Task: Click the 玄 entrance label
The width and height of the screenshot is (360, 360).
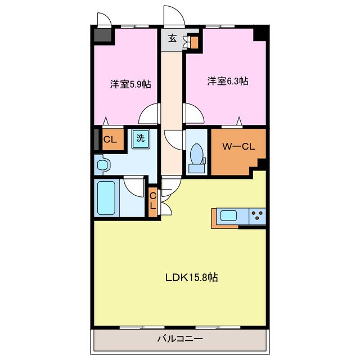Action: [x=173, y=38]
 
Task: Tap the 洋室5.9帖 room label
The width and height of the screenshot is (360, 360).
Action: [x=130, y=84]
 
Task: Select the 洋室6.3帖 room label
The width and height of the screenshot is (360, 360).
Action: [x=228, y=81]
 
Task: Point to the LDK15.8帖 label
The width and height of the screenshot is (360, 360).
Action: [x=192, y=277]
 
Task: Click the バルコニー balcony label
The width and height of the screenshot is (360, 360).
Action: [x=180, y=339]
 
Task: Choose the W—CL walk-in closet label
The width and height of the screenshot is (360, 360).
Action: [x=238, y=146]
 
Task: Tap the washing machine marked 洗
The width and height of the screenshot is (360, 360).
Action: [x=141, y=139]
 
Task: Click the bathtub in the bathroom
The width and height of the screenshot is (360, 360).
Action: [x=106, y=198]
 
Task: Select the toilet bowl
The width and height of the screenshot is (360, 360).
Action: [x=196, y=154]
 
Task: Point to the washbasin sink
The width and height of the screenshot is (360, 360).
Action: [x=102, y=165]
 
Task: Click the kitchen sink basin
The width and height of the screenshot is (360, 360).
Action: [x=228, y=216]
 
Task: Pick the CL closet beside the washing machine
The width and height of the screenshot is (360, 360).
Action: [x=112, y=139]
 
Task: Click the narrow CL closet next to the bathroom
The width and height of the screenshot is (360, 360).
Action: [x=152, y=202]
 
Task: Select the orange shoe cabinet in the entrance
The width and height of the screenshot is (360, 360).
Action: [x=194, y=43]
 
